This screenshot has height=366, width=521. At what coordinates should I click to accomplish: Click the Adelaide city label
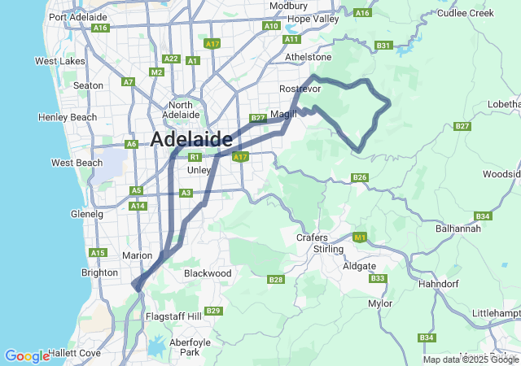[191, 139]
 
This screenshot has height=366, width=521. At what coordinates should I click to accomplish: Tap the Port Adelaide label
[78, 16]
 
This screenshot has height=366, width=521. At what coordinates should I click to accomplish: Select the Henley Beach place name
[68, 117]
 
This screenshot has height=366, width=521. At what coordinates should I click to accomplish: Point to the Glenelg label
[87, 214]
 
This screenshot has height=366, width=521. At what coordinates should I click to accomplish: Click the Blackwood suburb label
[208, 273]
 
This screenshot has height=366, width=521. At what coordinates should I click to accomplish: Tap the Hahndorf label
[439, 284]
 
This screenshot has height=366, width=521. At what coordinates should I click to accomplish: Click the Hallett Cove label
[74, 353]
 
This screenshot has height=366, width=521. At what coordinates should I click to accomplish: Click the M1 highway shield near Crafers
[359, 237]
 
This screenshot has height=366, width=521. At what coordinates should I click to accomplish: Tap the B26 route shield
[360, 177]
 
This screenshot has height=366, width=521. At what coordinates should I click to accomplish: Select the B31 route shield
[384, 46]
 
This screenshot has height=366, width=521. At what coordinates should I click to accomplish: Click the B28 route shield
[275, 280]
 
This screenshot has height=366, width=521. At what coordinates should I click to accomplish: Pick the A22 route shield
[171, 59]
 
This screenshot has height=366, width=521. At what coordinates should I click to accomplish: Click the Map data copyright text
[470, 359]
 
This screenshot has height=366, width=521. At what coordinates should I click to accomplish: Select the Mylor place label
[380, 303]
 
